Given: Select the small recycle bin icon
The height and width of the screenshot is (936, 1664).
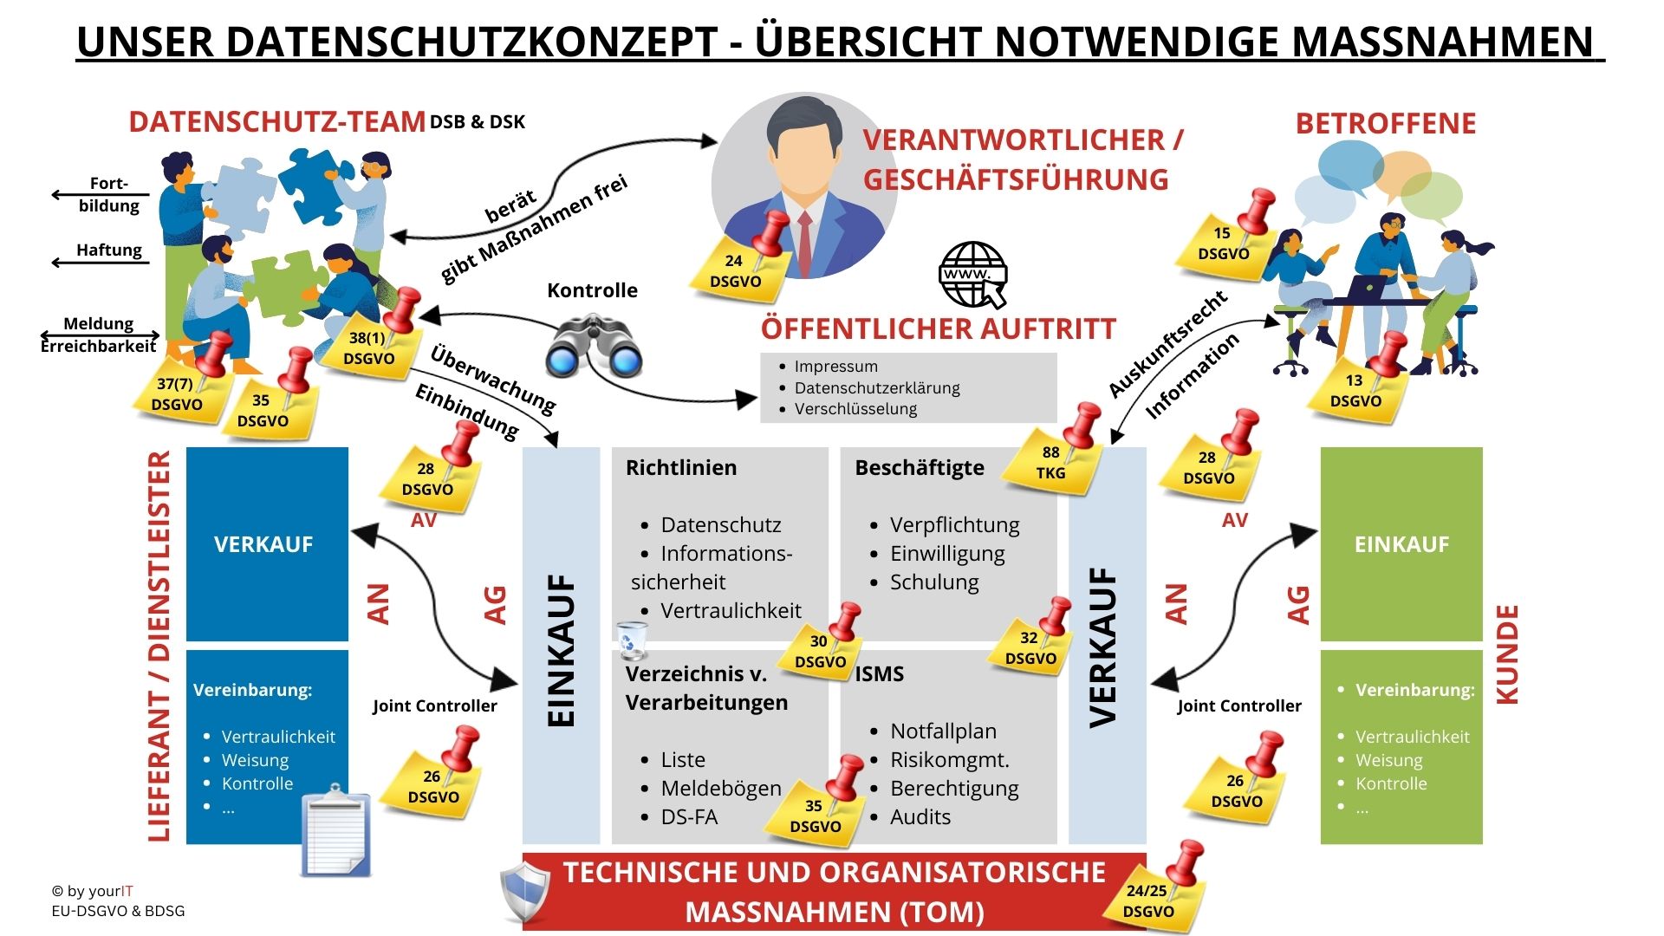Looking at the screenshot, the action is pyautogui.click(x=631, y=640).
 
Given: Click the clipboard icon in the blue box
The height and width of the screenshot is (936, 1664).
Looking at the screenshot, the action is pyautogui.click(x=336, y=830).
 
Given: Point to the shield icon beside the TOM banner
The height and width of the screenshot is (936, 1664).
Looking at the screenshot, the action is pyautogui.click(x=525, y=892).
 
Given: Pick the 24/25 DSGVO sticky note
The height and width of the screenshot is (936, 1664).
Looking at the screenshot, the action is pyautogui.click(x=1151, y=896).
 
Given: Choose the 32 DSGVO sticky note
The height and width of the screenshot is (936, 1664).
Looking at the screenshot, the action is pyautogui.click(x=1030, y=645).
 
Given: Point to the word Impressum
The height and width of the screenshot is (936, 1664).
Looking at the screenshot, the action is pyautogui.click(x=836, y=367).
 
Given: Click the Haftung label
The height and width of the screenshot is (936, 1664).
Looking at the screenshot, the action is pyautogui.click(x=109, y=250).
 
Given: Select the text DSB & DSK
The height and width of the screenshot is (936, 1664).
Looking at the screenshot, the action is pyautogui.click(x=478, y=122).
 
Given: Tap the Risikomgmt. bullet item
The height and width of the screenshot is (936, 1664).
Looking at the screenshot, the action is pyautogui.click(x=950, y=759).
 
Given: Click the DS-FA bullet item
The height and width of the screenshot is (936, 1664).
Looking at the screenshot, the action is pyautogui.click(x=689, y=816).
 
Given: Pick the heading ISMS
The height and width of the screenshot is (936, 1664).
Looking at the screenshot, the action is pyautogui.click(x=880, y=673).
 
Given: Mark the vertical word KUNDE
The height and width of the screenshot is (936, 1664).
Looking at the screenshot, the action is pyautogui.click(x=1508, y=654).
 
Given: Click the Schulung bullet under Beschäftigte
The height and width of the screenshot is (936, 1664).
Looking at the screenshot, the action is pyautogui.click(x=934, y=582).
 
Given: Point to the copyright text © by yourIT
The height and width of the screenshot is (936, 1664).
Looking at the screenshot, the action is pyautogui.click(x=92, y=891).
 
